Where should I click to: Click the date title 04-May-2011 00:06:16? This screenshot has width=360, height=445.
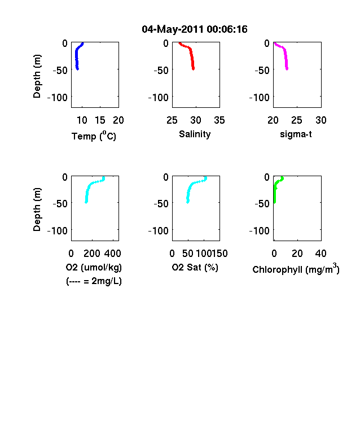pyautogui.click(x=195, y=29)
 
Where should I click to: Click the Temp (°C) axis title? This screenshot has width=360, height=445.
pyautogui.click(x=94, y=136)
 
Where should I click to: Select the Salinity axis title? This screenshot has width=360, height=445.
pyautogui.click(x=195, y=134)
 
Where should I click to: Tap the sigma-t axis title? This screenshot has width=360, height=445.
pyautogui.click(x=296, y=134)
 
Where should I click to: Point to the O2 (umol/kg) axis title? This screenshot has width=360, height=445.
pyautogui.click(x=94, y=267)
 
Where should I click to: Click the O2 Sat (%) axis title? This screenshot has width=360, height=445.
pyautogui.click(x=195, y=267)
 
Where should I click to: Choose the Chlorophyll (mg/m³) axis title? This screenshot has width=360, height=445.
pyautogui.click(x=296, y=268)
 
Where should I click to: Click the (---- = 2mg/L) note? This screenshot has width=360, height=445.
pyautogui.click(x=94, y=281)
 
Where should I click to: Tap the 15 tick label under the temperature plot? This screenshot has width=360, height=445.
pyautogui.click(x=100, y=120)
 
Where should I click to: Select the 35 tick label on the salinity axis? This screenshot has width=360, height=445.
pyautogui.click(x=219, y=120)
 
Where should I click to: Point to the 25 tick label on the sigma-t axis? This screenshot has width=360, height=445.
pyautogui.click(x=297, y=120)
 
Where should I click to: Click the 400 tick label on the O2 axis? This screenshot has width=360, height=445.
pyautogui.click(x=112, y=254)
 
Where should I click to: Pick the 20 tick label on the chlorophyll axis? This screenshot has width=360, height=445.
pyautogui.click(x=297, y=254)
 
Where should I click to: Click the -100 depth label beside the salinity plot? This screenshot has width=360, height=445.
pyautogui.click(x=159, y=98)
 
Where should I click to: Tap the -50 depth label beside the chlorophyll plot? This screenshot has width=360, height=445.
pyautogui.click(x=262, y=204)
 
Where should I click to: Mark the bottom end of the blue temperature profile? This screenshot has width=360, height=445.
pyautogui.click(x=77, y=69)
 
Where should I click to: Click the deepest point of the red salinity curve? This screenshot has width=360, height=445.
pyautogui.click(x=194, y=69)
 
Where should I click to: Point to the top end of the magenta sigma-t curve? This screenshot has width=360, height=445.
pyautogui.click(x=274, y=43)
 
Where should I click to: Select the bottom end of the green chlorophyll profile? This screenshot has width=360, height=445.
pyautogui.click(x=274, y=202)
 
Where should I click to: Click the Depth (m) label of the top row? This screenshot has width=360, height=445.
pyautogui.click(x=37, y=76)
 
